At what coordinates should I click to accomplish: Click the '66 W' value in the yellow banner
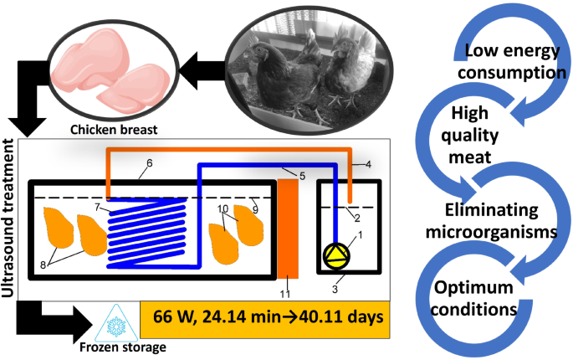(x=177, y=318)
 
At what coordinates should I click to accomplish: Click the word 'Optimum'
(x=474, y=288)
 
